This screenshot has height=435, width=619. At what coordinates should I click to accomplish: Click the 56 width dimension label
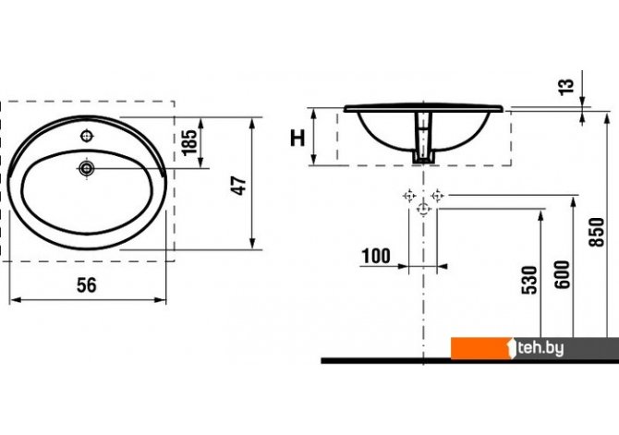(x=87, y=285)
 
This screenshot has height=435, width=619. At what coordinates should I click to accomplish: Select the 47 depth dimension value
(x=239, y=185)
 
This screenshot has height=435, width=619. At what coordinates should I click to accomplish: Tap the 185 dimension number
(x=189, y=141)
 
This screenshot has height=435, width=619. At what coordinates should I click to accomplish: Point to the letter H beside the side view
(x=297, y=138)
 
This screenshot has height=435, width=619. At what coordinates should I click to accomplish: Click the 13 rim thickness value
(x=566, y=87)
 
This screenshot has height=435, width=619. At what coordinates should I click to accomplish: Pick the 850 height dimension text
(x=597, y=233)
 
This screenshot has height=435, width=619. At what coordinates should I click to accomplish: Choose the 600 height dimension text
(x=563, y=274)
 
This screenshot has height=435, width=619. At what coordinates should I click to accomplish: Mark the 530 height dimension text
(x=529, y=280)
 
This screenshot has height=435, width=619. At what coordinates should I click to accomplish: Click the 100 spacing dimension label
(x=376, y=256)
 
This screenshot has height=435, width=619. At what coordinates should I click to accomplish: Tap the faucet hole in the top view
(x=87, y=136)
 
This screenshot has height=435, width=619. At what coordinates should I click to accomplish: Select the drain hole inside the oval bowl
(x=86, y=169)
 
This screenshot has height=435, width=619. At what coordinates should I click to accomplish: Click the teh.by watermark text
(x=540, y=348)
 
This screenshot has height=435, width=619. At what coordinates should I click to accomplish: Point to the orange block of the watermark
(x=481, y=348)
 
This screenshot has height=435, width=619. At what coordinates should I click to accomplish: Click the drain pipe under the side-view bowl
(x=423, y=138)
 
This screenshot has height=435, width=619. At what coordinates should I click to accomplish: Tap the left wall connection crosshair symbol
(x=409, y=195)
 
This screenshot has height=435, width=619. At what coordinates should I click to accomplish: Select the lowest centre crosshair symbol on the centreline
(x=423, y=209)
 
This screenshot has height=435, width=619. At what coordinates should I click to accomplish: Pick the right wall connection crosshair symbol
(x=437, y=195)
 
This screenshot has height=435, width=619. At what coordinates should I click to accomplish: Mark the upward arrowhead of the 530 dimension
(x=540, y=215)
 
